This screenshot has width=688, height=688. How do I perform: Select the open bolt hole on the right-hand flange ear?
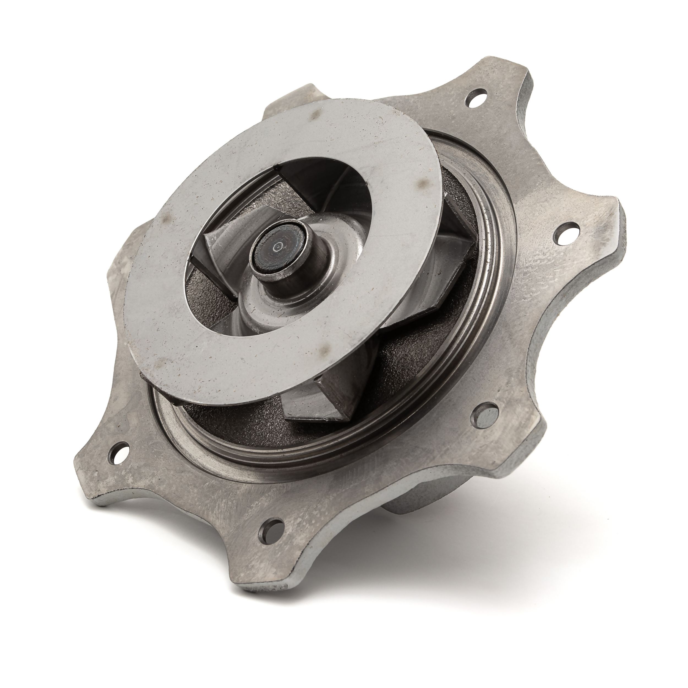pos(566,233)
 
